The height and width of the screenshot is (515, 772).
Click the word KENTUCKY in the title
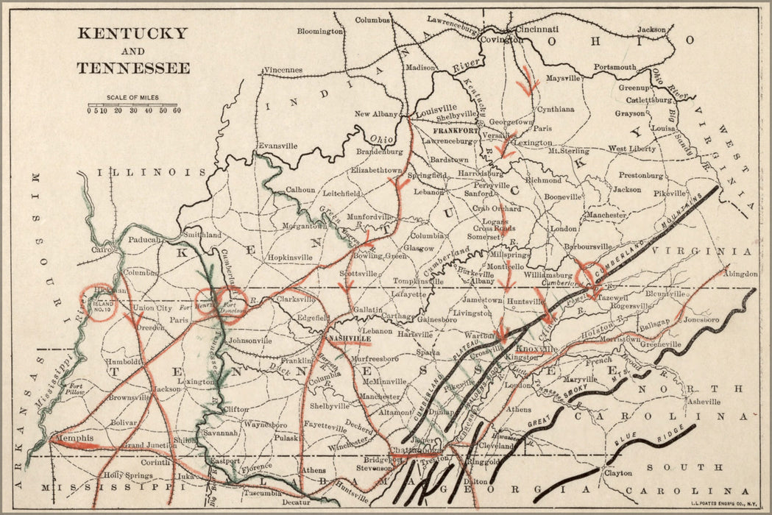(x=132, y=33)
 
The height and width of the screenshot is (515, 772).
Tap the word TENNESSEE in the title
(x=133, y=68)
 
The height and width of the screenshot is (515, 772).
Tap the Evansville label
(x=277, y=146)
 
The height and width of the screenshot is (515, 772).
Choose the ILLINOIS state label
(x=151, y=171)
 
